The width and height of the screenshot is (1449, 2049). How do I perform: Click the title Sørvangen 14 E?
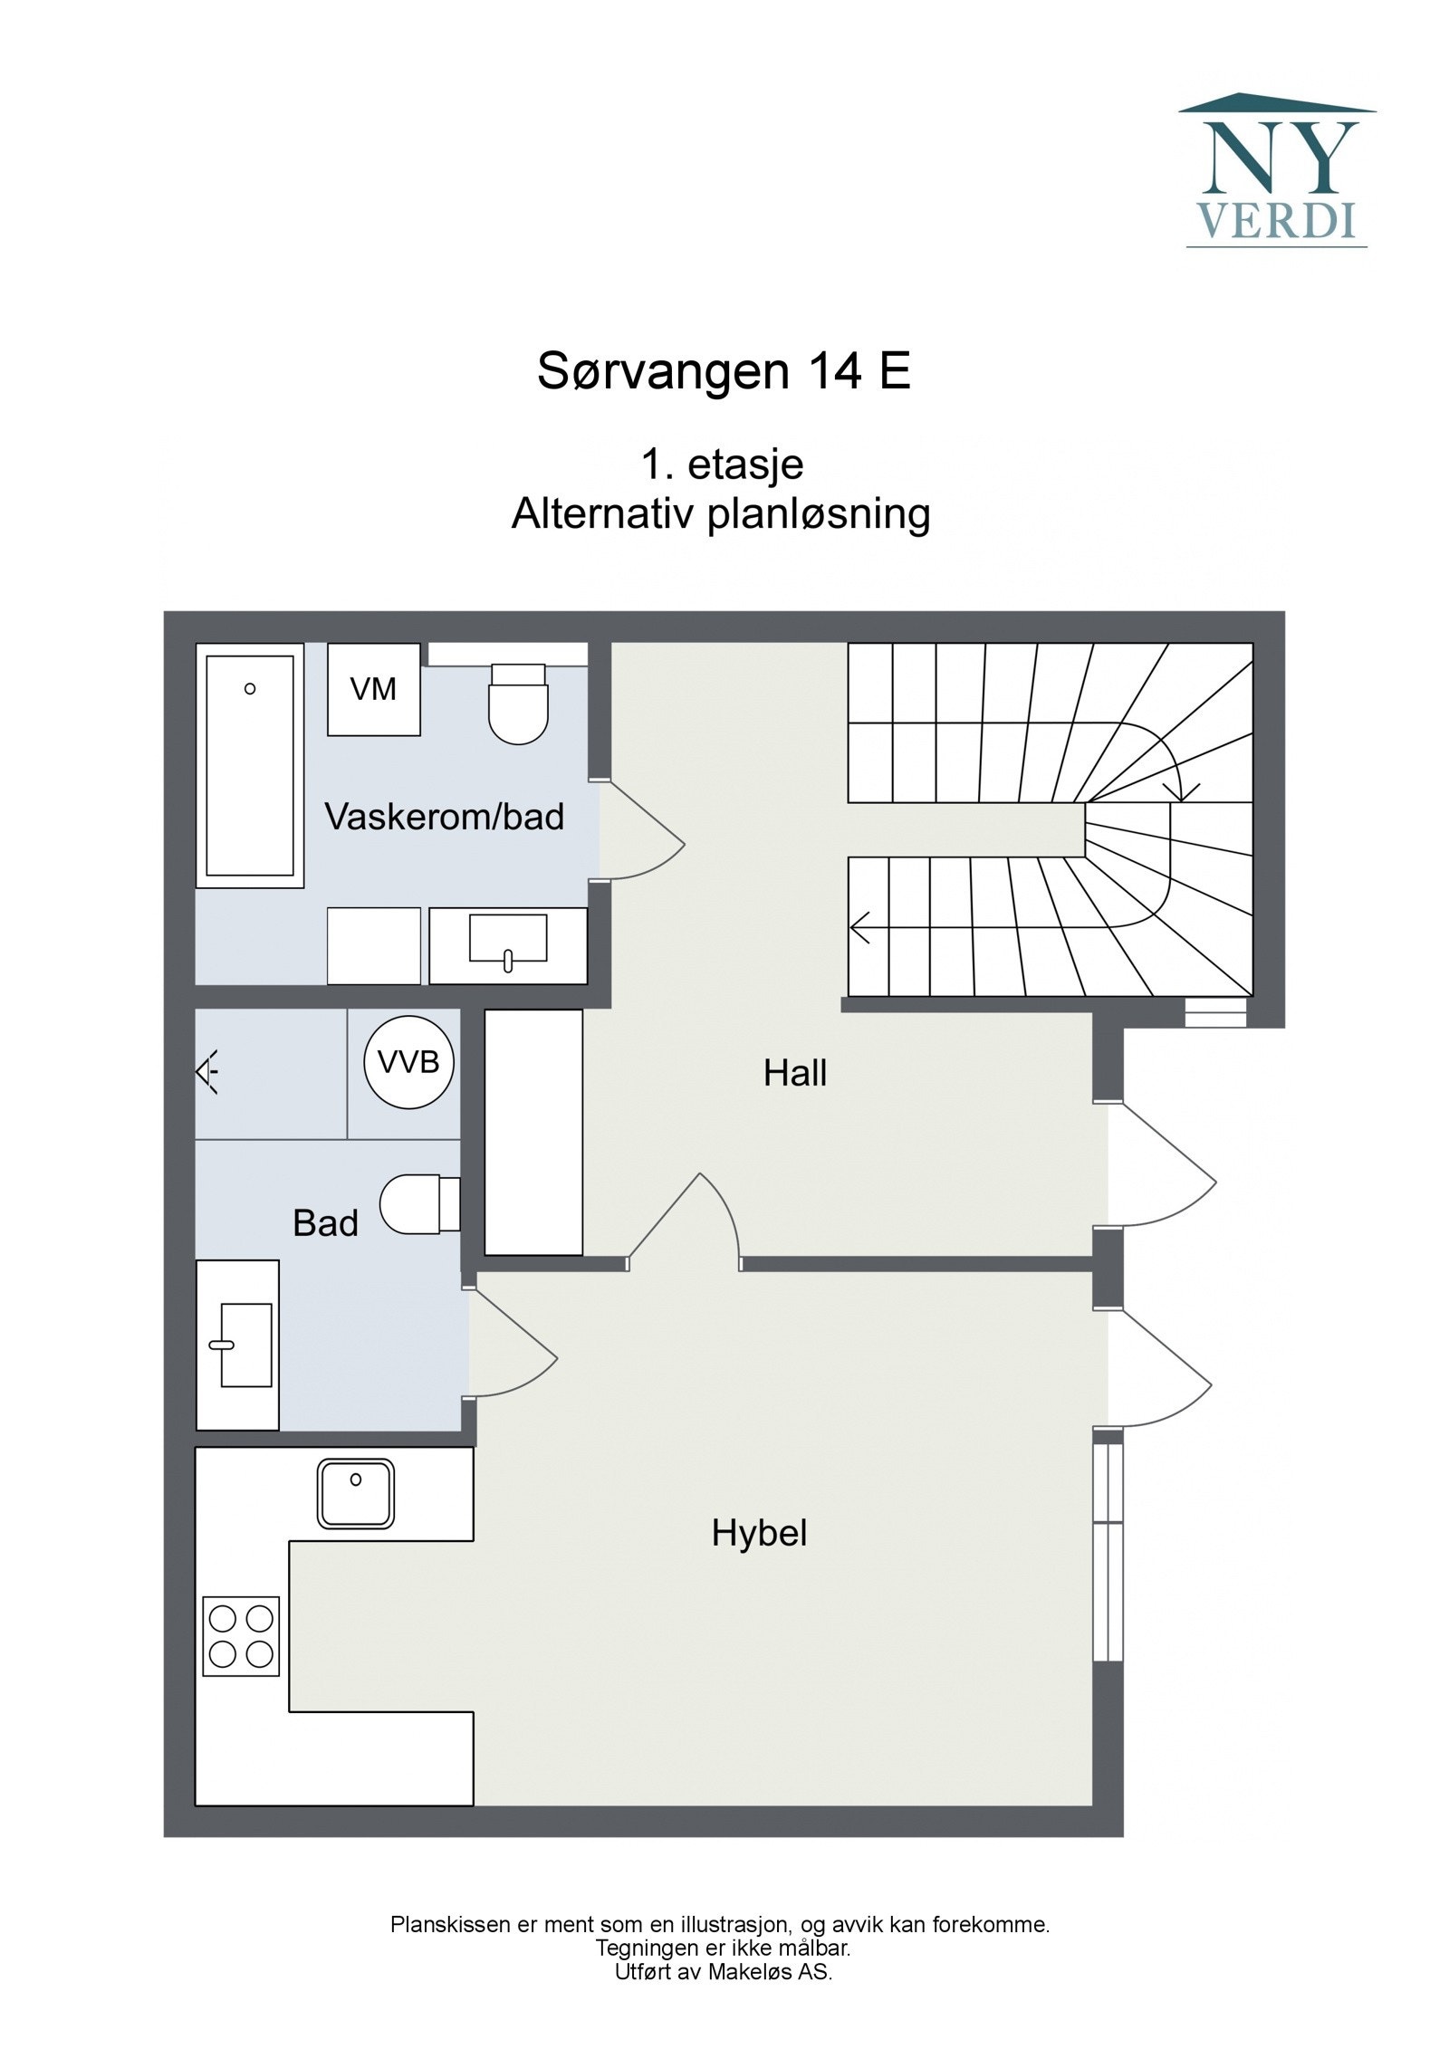[x=723, y=370]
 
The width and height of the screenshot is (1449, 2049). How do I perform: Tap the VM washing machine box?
[x=373, y=689]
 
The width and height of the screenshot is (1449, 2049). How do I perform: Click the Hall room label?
[x=794, y=1073]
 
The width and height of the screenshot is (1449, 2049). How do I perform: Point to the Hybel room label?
[x=759, y=1533]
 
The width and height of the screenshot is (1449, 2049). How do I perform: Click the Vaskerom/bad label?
[x=444, y=817]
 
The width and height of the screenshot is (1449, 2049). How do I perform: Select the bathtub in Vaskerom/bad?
[x=249, y=766]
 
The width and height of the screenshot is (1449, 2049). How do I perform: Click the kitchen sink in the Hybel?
[x=356, y=1493]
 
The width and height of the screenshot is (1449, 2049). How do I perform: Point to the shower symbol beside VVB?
[x=208, y=1073]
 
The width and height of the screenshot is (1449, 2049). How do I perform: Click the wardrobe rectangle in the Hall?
[x=533, y=1132]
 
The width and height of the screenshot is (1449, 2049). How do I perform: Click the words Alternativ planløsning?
[x=721, y=514]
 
